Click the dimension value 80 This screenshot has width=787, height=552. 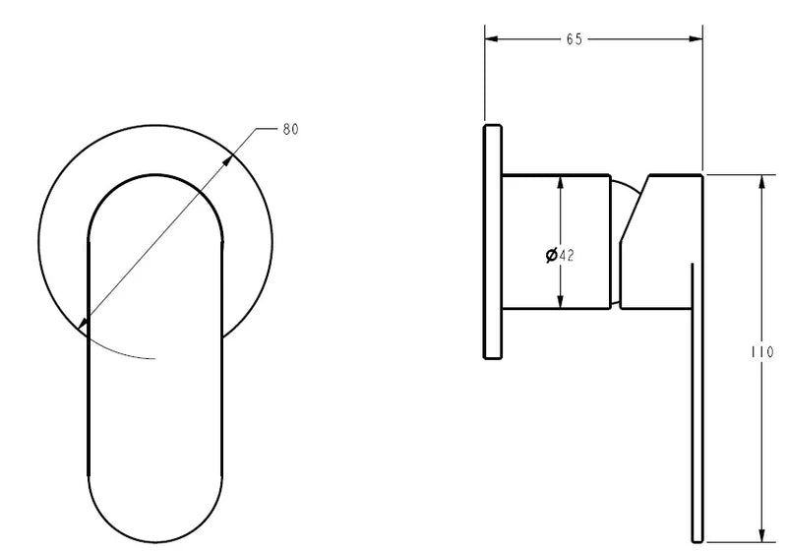(290, 129)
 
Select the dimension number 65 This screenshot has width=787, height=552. (574, 39)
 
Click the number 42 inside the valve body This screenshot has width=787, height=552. (566, 255)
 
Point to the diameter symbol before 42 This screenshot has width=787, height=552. (551, 255)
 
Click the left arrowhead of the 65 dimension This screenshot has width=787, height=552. (492, 39)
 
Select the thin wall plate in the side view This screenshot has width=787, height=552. (492, 242)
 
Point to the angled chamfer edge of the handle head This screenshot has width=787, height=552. (633, 212)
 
